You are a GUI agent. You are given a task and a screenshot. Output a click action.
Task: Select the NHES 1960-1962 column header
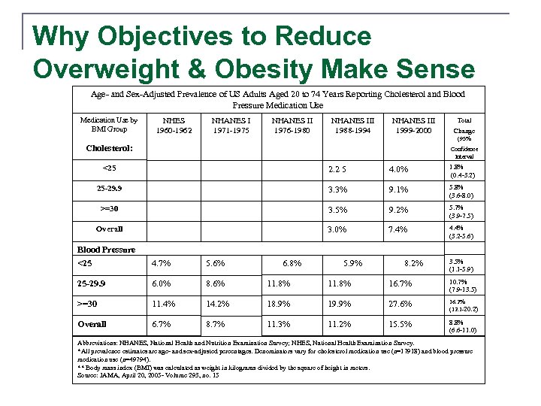[173, 125]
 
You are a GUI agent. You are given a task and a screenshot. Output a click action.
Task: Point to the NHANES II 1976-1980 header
[292, 125]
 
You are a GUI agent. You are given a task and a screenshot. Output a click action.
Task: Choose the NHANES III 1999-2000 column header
[413, 125]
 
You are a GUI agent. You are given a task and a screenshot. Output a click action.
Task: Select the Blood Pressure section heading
[107, 250]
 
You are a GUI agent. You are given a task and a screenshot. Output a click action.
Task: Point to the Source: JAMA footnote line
[149, 375]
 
